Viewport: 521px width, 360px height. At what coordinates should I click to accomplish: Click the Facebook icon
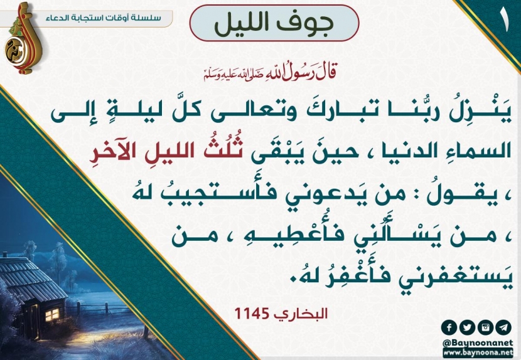pyautogui.click(x=449, y=328)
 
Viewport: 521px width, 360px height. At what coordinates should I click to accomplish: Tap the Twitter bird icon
pyautogui.click(x=467, y=328)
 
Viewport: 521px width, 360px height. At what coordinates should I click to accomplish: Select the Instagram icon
pyautogui.click(x=485, y=328)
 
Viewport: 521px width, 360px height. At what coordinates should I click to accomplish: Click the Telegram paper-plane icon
pyautogui.click(x=503, y=328)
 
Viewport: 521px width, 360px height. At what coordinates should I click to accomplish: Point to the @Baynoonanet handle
pyautogui.click(x=478, y=342)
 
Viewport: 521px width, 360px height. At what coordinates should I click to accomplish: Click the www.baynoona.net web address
pyautogui.click(x=478, y=352)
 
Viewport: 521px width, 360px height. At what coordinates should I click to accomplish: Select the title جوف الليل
pyautogui.click(x=274, y=24)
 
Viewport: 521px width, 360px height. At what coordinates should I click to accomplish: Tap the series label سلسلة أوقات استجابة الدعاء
pyautogui.click(x=104, y=18)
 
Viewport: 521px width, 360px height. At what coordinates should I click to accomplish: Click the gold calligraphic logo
pyautogui.click(x=22, y=39)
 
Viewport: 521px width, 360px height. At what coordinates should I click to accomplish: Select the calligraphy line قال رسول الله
pyautogui.click(x=270, y=73)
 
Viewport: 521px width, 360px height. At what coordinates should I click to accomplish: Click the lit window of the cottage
pyautogui.click(x=52, y=314)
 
